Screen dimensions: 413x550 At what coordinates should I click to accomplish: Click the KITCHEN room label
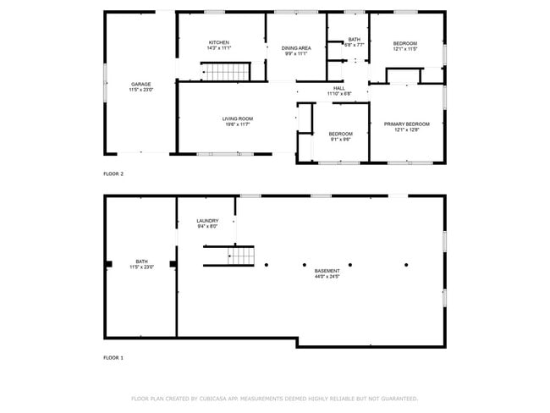coord(219,42)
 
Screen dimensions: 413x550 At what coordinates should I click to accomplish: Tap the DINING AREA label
coord(296,48)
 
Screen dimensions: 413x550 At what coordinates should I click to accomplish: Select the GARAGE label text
coord(140,84)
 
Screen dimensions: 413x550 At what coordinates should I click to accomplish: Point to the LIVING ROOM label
coord(238,118)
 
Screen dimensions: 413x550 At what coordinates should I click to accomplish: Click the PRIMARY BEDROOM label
coord(406,124)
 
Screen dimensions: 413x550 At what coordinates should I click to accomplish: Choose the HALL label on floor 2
coord(338,88)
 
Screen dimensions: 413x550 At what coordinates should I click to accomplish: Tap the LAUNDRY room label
coord(207,221)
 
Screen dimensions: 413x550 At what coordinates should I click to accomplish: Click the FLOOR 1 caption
coord(113,358)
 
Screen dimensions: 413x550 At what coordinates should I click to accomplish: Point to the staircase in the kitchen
coord(226,72)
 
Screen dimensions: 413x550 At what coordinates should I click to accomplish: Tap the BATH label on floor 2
coord(355,40)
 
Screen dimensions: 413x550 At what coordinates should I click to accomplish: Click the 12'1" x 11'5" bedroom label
coord(404,48)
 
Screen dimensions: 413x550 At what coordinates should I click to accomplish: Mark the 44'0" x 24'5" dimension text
coord(327,277)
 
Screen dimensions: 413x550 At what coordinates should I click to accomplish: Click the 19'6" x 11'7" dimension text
coord(238,124)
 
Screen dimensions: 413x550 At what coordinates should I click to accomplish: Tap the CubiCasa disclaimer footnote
coord(274,398)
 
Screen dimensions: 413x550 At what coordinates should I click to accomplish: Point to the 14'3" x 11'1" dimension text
coord(219,48)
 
